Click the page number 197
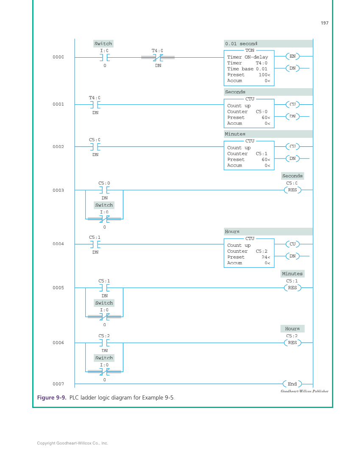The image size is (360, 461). [x=324, y=23]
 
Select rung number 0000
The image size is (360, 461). [x=58, y=57]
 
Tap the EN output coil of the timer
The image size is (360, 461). [x=292, y=56]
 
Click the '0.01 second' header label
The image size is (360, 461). [x=241, y=44]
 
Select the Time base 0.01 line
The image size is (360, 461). [x=247, y=69]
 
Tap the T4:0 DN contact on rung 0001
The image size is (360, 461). [x=95, y=104]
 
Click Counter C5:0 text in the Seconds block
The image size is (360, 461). [x=247, y=112]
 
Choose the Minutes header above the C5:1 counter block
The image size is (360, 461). [x=235, y=134]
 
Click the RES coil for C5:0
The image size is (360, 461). [x=292, y=190]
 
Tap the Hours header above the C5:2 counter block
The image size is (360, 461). [x=232, y=232]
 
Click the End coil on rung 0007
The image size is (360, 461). [x=292, y=384]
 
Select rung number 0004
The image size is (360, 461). [x=58, y=244]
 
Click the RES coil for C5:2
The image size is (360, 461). [x=292, y=343]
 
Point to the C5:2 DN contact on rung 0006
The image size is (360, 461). [x=104, y=343]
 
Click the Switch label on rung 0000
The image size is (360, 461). [x=103, y=44]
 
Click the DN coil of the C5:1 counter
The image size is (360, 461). [x=292, y=159]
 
